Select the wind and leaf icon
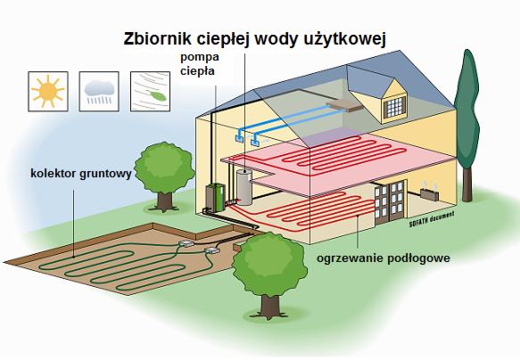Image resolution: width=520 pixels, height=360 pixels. (150, 89)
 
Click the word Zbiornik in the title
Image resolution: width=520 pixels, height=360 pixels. (153, 38)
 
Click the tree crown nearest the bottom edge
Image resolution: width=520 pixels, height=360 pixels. (266, 265)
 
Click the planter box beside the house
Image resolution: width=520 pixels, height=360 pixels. (431, 199)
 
